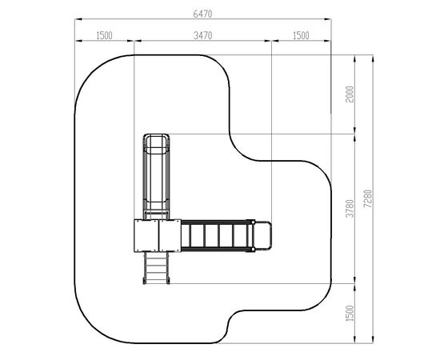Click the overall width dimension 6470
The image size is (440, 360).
click(202, 14)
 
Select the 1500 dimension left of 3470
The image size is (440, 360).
click(104, 36)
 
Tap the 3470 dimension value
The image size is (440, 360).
click(202, 36)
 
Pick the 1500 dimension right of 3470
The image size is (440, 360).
click(301, 36)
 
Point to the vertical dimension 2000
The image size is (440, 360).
click(350, 94)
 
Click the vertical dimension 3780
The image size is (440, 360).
click(350, 209)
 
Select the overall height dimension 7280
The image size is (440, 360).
click(368, 198)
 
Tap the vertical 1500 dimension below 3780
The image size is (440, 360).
click(350, 313)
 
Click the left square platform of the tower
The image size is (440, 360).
click(146, 236)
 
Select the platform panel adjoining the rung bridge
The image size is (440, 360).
click(170, 236)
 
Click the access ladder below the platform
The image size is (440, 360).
click(156, 268)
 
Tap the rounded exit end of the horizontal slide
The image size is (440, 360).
click(263, 236)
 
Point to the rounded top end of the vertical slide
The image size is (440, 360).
click(156, 140)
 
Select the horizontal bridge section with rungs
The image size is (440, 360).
click(218, 236)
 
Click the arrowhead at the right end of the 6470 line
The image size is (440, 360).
click(327, 19)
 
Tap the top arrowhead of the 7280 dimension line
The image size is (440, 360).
click(373, 58)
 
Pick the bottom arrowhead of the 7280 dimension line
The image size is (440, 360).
click(373, 339)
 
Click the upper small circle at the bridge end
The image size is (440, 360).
click(253, 222)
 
